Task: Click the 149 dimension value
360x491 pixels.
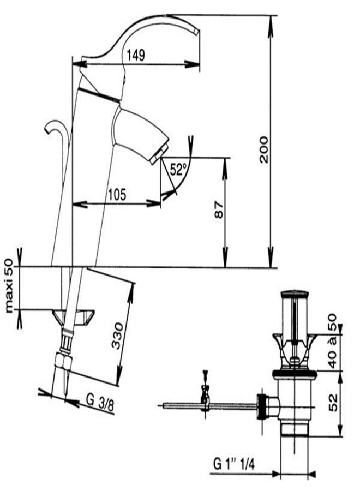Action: click(136, 55)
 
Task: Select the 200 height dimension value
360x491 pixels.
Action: click(264, 149)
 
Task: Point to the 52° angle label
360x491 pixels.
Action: click(178, 170)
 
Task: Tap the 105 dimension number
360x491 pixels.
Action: click(117, 195)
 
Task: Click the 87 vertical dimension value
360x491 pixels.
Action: click(219, 209)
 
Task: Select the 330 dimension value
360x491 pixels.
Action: click(118, 336)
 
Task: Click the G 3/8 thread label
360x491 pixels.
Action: click(100, 403)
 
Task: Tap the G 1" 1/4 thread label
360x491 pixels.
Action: click(234, 464)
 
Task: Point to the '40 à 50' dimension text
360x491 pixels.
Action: click(332, 340)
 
